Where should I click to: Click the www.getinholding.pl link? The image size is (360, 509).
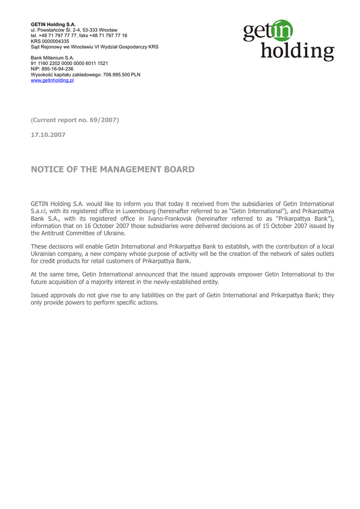click(52, 80)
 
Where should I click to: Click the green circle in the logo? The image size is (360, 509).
click(282, 31)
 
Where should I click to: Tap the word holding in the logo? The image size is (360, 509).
click(297, 52)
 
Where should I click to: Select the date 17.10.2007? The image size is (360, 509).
click(48, 135)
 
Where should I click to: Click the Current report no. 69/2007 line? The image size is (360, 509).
click(75, 120)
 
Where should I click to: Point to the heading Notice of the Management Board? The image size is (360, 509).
click(112, 170)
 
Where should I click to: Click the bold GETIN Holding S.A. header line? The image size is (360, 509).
click(53, 24)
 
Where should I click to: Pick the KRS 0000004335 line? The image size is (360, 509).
click(50, 41)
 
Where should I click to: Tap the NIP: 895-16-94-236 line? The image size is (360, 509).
click(52, 69)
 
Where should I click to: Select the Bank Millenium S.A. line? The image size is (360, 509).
click(52, 58)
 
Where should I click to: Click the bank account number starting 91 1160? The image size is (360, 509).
click(69, 64)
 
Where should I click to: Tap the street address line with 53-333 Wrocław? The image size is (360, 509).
click(74, 30)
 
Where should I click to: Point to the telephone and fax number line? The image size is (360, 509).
click(79, 36)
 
